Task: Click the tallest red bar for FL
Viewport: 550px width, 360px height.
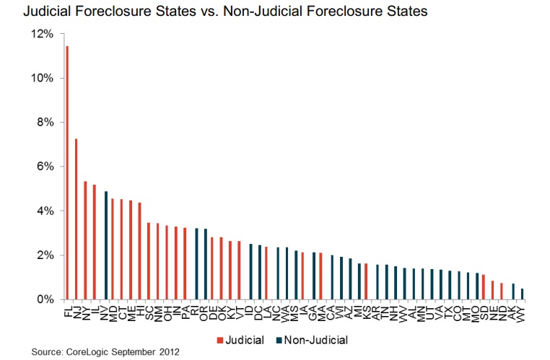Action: tap(67, 172)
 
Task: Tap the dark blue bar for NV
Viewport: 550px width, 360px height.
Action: tap(106, 245)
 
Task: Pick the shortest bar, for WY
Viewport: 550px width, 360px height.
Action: tap(523, 294)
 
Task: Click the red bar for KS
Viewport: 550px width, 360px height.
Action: tap(366, 281)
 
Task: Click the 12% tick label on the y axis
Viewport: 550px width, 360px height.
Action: tap(42, 34)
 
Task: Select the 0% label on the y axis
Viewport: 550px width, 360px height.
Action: tap(45, 299)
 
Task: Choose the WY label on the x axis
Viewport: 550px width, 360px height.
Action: tap(523, 312)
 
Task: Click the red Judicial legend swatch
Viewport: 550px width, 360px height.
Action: tap(218, 340)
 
